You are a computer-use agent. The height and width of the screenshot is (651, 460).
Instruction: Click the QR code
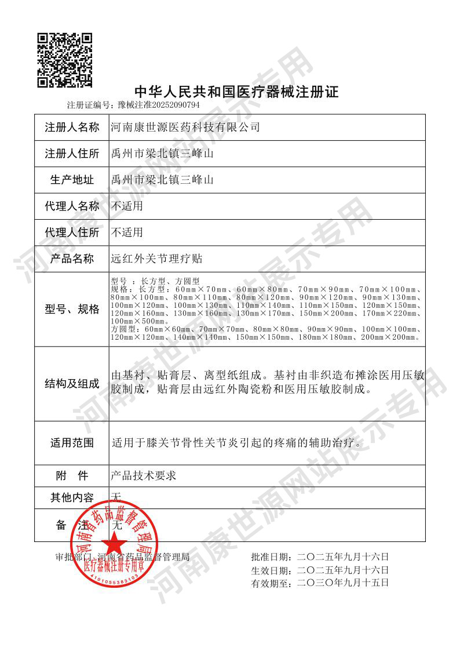pyautogui.click(x=65, y=60)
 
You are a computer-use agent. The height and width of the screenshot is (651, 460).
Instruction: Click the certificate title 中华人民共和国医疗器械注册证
pyautogui.click(x=236, y=92)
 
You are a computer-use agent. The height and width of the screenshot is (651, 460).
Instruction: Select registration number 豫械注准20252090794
pyautogui.click(x=158, y=106)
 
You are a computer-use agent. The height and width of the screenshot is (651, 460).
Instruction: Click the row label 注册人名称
pyautogui.click(x=72, y=128)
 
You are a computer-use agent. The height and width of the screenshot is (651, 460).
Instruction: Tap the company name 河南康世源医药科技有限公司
pyautogui.click(x=185, y=128)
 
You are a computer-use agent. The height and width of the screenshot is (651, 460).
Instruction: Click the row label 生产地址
pyautogui.click(x=72, y=180)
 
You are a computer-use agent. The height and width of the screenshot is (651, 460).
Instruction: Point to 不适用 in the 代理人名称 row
pyautogui.click(x=127, y=206)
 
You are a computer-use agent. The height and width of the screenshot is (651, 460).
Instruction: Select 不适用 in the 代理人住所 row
pyautogui.click(x=127, y=233)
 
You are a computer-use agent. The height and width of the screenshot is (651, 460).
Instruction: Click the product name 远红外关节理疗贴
pyautogui.click(x=156, y=259)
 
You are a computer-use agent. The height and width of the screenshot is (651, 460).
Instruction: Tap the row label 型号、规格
pyautogui.click(x=72, y=309)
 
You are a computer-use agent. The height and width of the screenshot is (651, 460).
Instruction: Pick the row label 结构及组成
pyautogui.click(x=72, y=384)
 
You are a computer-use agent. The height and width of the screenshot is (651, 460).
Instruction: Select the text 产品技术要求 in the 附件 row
pyautogui.click(x=143, y=477)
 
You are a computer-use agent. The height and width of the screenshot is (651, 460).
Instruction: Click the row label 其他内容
pyautogui.click(x=72, y=497)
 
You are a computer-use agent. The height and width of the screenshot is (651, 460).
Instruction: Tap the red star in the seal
pyautogui.click(x=115, y=544)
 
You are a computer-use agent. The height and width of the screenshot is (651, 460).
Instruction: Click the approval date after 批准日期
pyautogui.click(x=342, y=557)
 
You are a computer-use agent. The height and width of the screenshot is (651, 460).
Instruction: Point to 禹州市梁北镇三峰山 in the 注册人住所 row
pyautogui.click(x=162, y=154)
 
